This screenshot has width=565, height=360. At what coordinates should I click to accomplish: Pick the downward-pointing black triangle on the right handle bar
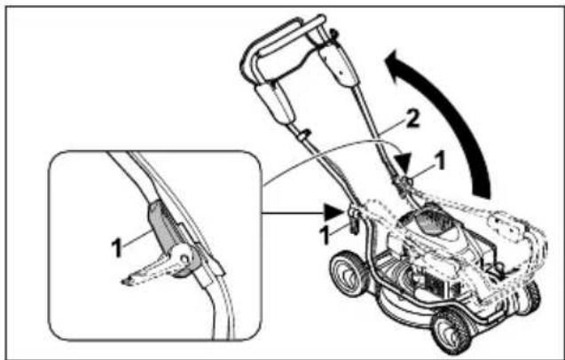click(x=404, y=163)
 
